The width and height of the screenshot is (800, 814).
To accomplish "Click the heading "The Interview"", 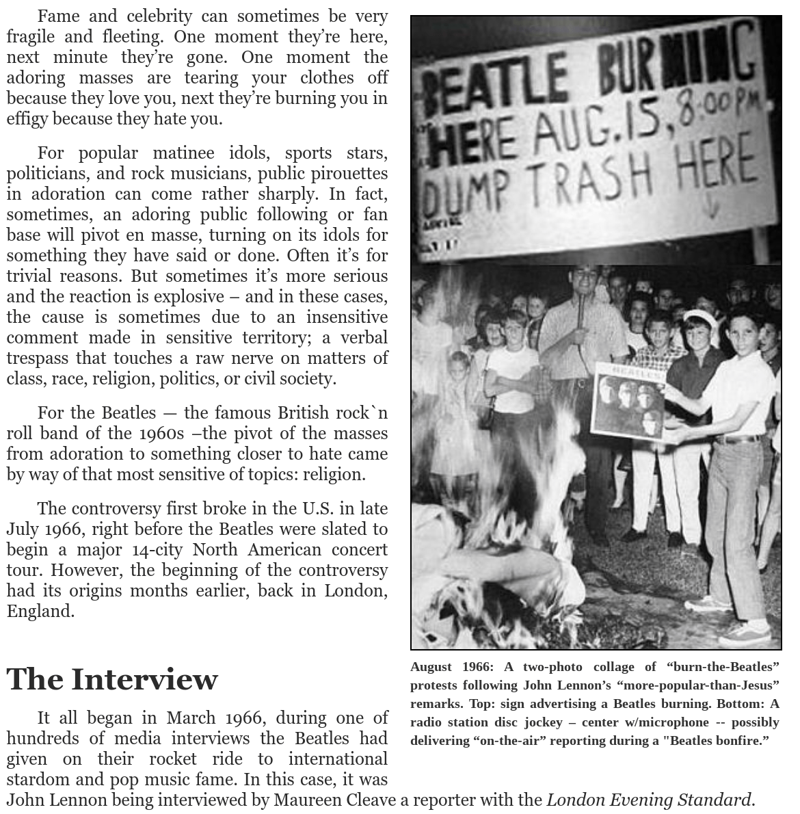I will (112, 679).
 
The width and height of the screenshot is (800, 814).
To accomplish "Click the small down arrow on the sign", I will (711, 206).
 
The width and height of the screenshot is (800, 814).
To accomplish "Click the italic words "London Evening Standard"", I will (649, 800).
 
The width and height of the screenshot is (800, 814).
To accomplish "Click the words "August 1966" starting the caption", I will (451, 667).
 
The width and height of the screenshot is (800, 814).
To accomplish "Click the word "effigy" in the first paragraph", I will (27, 118).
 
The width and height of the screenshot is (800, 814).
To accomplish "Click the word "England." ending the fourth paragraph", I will (40, 611).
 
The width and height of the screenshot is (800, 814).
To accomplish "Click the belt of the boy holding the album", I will (737, 439).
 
